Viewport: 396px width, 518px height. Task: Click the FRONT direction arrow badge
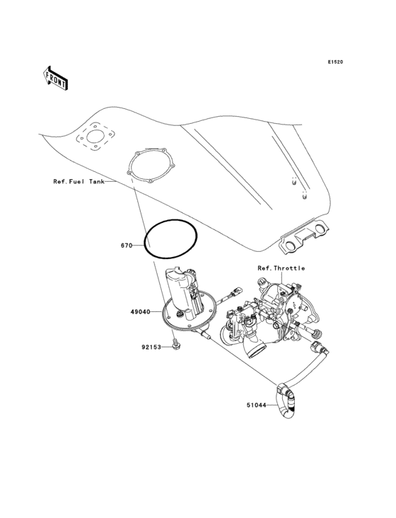[57, 77]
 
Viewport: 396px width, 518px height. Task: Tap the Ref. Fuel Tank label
[78, 182]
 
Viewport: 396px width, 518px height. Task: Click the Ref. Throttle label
[281, 268]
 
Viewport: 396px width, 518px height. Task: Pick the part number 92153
[151, 347]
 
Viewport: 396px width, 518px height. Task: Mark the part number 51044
[257, 405]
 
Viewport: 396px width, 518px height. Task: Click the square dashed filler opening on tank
[96, 138]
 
